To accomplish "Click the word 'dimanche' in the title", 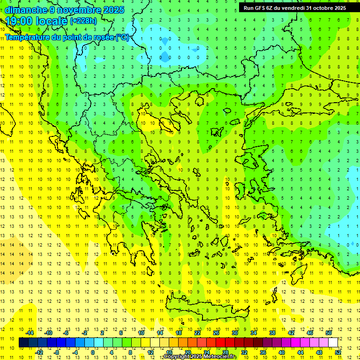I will [x=26, y=10].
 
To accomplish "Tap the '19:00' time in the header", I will [x=18, y=21].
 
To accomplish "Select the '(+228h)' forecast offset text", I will [x=83, y=21].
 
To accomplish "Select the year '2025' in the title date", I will [x=113, y=10].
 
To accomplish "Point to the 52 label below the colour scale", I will [x=338, y=352].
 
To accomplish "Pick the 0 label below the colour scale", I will [x=92, y=352].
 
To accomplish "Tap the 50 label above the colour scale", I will [x=329, y=333].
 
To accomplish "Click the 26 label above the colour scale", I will [x=216, y=333].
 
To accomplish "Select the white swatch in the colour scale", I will [x=333, y=343].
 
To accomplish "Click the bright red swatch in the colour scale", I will [x=221, y=343].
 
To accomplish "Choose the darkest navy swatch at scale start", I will [x=23, y=343].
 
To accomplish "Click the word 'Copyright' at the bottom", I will [x=176, y=357].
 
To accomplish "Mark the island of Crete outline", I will [x=197, y=309].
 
